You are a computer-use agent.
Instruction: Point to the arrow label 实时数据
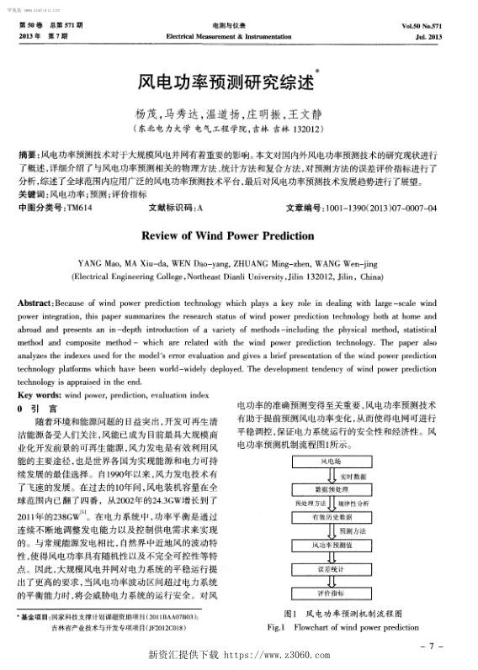(x=351, y=475)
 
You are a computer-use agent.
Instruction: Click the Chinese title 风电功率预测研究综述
(x=230, y=82)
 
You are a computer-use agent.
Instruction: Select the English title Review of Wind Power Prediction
(x=240, y=236)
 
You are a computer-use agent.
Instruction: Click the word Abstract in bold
(x=37, y=302)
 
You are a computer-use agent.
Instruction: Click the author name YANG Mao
(x=97, y=264)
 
